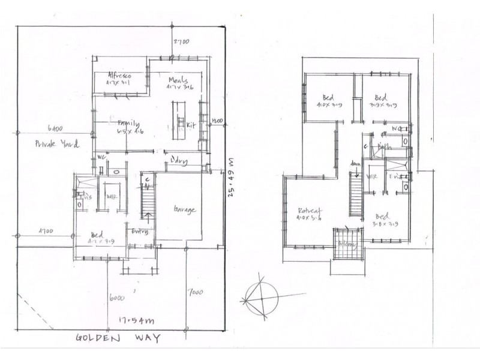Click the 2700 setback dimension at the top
[x=181, y=42]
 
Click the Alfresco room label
[x=120, y=75]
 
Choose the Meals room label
[x=179, y=81]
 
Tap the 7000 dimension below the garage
[x=194, y=293]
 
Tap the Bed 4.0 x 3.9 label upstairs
[x=328, y=100]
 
